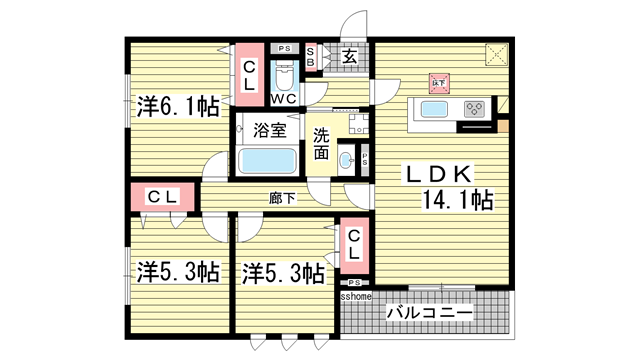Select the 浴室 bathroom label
(x=268, y=130)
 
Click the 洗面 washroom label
(x=321, y=144)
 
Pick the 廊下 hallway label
(x=282, y=198)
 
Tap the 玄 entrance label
(x=351, y=58)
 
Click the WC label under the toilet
(x=283, y=98)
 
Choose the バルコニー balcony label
(x=428, y=314)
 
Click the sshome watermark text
(x=356, y=297)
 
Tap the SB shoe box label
(x=311, y=58)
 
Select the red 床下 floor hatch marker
(x=438, y=83)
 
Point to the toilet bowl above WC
(x=283, y=76)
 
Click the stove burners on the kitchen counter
(x=474, y=110)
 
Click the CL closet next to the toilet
(x=249, y=74)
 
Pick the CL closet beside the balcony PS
(x=355, y=245)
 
